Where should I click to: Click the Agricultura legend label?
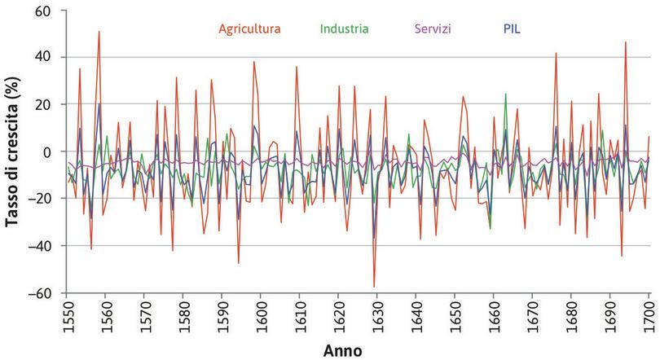(x=249, y=29)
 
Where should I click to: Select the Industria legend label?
(x=344, y=29)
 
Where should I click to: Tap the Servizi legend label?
(x=433, y=29)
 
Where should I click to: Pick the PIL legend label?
(x=512, y=29)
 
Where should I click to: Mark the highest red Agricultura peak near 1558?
(x=99, y=32)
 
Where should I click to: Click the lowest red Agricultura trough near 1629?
(x=374, y=287)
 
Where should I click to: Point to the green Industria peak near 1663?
(x=505, y=94)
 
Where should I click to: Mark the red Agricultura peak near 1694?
(x=626, y=42)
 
